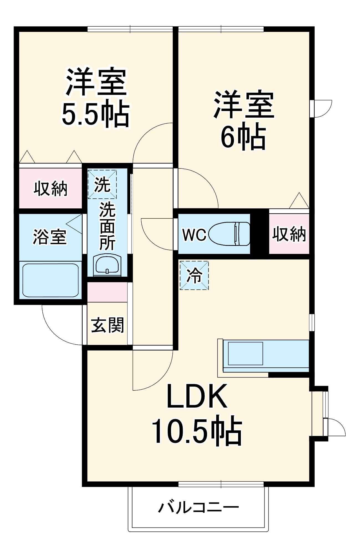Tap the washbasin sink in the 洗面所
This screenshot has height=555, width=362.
click(x=107, y=265)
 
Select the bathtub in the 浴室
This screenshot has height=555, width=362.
click(x=50, y=280)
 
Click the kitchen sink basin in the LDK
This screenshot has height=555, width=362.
click(x=245, y=354)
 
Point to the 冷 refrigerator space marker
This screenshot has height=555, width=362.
click(x=194, y=276)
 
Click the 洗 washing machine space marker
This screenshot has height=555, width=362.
click(x=102, y=184)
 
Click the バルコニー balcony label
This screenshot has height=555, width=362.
click(x=198, y=508)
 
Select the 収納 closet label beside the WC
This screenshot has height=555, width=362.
click(x=289, y=234)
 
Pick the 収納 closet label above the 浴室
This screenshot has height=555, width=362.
click(x=50, y=188)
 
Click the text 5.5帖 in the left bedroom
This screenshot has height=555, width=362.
click(x=95, y=115)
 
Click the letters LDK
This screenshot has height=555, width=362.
click(x=197, y=396)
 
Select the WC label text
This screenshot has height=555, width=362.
click(x=194, y=235)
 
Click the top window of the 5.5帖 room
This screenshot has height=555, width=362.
click(x=130, y=29)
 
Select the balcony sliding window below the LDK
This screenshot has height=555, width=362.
click(x=221, y=484)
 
